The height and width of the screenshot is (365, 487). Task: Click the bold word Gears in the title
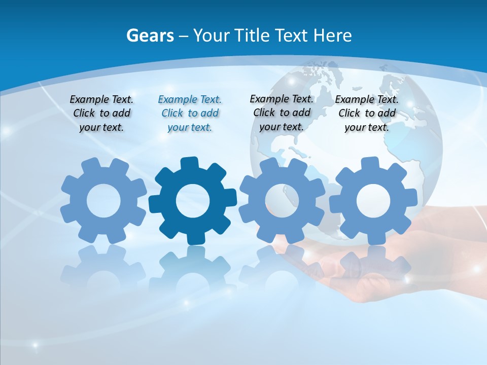pyautogui.click(x=150, y=35)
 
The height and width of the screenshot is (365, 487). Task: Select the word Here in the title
pyautogui.click(x=332, y=35)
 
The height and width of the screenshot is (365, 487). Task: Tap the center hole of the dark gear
pyautogui.click(x=193, y=201)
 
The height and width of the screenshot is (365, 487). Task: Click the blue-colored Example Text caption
pyautogui.click(x=190, y=113)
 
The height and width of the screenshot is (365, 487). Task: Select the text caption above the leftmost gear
pyautogui.click(x=101, y=113)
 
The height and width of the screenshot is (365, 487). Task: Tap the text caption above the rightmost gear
pyautogui.click(x=367, y=113)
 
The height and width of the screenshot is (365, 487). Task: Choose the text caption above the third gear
pyautogui.click(x=282, y=113)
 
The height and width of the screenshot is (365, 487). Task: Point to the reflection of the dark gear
pyautogui.click(x=193, y=269)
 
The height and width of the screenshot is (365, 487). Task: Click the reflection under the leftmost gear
pyautogui.click(x=103, y=269)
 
